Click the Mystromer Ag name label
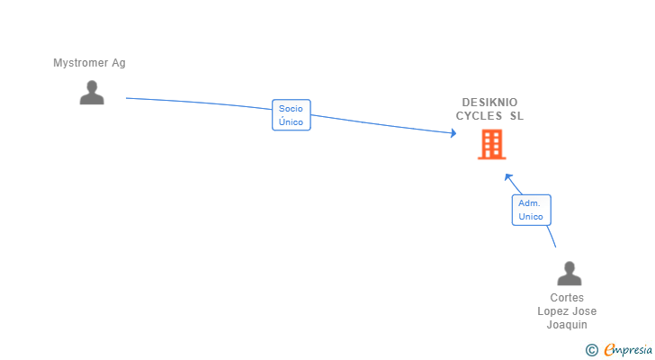pyautogui.click(x=89, y=63)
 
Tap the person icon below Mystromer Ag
pyautogui.click(x=92, y=93)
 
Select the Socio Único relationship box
pyautogui.click(x=292, y=115)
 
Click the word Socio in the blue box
pyautogui.click(x=291, y=109)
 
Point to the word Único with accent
pyautogui.click(x=291, y=121)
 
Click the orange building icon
pyautogui.click(x=492, y=145)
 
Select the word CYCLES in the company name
pyautogui.click(x=479, y=116)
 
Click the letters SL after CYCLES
pyautogui.click(x=516, y=116)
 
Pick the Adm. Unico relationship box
pyautogui.click(x=532, y=210)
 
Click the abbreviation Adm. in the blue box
pyautogui.click(x=529, y=203)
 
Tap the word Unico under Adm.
pyautogui.click(x=531, y=217)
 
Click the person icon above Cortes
pyautogui.click(x=570, y=274)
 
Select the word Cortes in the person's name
pyautogui.click(x=567, y=298)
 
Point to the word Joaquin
pyautogui.click(x=567, y=325)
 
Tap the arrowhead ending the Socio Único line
pyautogui.click(x=453, y=133)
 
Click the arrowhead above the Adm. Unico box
pyautogui.click(x=508, y=177)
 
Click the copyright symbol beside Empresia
pyautogui.click(x=591, y=350)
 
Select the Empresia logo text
pyautogui.click(x=628, y=350)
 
